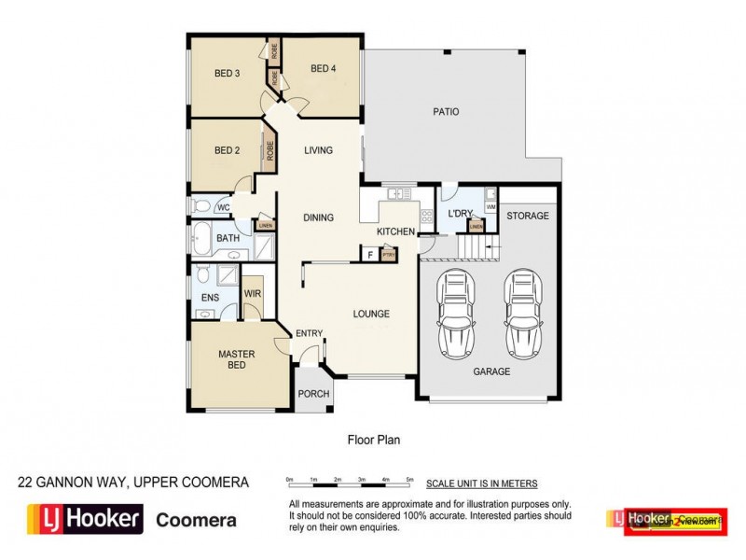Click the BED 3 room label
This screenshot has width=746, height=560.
[228, 74]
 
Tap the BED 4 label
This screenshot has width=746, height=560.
[323, 67]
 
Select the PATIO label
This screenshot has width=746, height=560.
[446, 112]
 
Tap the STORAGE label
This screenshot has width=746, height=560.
[528, 217]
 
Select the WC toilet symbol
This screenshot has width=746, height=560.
[200, 207]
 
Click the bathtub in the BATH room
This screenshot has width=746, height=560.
[200, 238]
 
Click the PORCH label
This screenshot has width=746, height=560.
[313, 394]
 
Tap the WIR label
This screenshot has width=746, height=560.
[252, 293]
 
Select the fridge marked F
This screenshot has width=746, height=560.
[370, 253]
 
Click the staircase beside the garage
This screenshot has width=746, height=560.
[477, 248]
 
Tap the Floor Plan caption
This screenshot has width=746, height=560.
[373, 438]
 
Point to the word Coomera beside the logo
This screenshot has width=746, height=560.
[196, 521]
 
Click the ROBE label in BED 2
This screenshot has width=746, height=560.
[269, 150]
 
